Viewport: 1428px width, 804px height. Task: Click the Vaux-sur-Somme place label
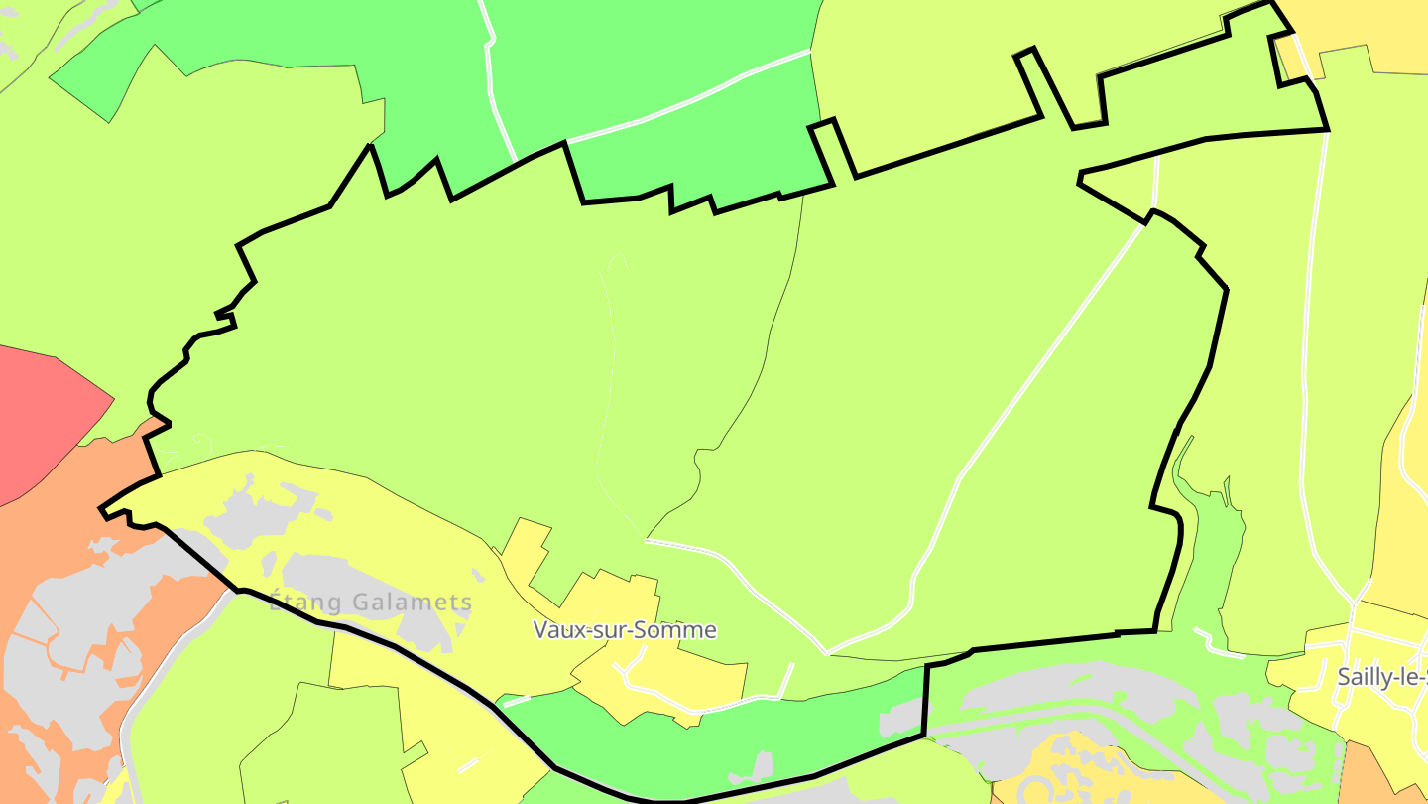625,630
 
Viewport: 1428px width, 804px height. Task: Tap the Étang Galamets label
371,603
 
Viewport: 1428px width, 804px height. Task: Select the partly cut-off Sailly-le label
1381,677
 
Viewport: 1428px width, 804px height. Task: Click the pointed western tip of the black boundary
101,511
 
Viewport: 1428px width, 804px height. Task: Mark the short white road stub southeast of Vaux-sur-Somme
785,681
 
